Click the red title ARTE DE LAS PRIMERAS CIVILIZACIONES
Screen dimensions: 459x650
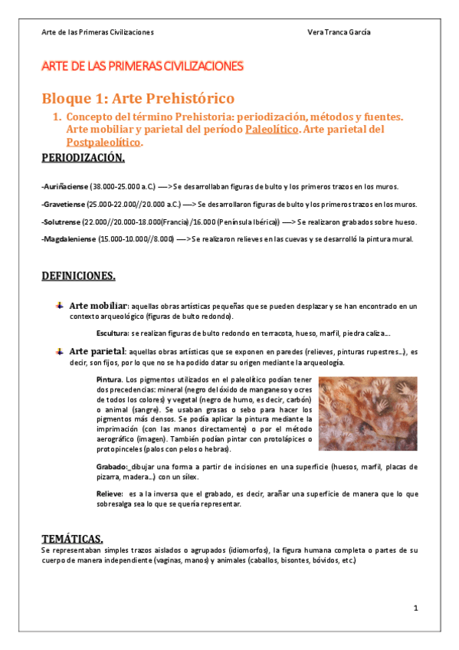[143, 66]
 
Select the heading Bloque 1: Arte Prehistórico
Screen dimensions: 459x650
[138, 98]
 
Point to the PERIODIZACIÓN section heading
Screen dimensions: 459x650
[83, 159]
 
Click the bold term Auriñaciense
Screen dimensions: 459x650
[65, 186]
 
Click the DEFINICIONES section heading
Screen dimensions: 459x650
[78, 275]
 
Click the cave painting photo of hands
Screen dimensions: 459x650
[367, 414]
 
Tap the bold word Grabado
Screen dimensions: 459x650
[112, 466]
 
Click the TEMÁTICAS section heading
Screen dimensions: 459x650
[71, 538]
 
